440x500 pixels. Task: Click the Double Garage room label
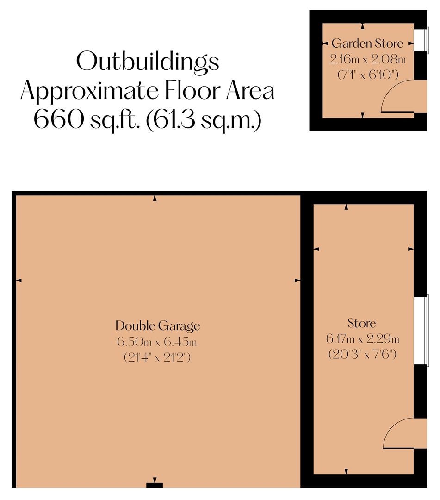point(157,326)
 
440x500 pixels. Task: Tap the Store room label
point(362,323)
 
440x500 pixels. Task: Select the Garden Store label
point(367,44)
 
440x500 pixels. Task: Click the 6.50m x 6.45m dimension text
point(157,342)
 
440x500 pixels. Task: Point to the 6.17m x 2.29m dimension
point(363,339)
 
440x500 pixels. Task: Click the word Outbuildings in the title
point(147,62)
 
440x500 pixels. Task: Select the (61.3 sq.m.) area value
point(208,120)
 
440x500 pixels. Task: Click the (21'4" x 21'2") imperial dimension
point(157,357)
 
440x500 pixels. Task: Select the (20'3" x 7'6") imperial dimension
point(363,354)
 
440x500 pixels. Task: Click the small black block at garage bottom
point(155,485)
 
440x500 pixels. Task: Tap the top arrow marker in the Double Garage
point(155,199)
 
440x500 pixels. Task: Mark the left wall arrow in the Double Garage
point(19,280)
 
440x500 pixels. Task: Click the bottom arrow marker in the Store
point(347,471)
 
